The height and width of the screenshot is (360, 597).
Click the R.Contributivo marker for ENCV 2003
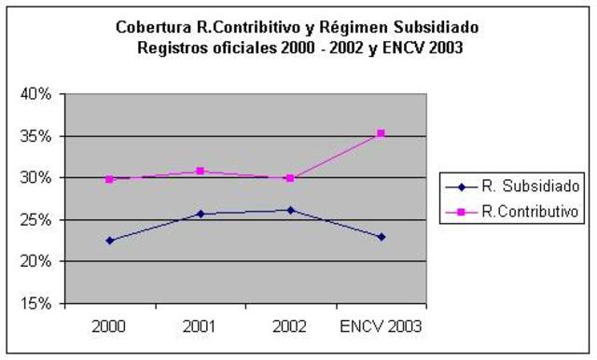[x=381, y=133]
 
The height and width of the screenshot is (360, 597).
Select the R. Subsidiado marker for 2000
[x=110, y=241]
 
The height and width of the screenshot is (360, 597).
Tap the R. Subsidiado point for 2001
[x=201, y=214]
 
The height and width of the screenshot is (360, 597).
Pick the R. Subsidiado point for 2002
[x=290, y=210]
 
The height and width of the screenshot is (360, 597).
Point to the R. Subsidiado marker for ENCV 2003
[x=381, y=237]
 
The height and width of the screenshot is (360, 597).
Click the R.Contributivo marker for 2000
[x=110, y=179]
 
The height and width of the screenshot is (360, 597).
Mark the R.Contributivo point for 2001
[x=201, y=171]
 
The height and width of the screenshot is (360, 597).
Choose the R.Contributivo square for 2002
[x=290, y=178]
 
